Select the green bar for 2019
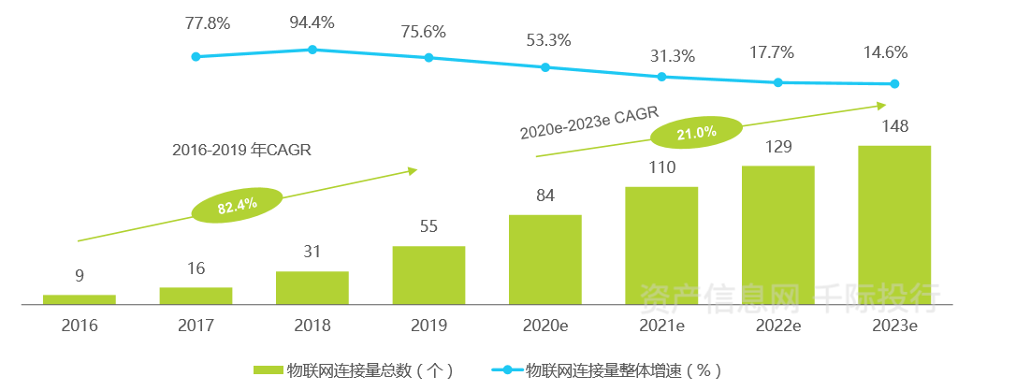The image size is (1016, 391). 428,275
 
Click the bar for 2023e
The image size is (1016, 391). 894,224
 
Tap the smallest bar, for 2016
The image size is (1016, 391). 80,299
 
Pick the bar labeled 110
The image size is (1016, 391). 661,245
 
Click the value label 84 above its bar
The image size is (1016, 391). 545,195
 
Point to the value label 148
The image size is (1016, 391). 895,126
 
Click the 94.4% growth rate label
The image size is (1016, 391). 312,22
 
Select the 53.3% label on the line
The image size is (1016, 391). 546,39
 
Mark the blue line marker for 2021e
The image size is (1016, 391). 661,77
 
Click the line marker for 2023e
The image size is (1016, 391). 894,84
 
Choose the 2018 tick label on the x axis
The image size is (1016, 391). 312,326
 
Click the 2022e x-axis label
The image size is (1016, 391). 778,326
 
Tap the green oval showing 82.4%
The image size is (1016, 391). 237,207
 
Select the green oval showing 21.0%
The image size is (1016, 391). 697,133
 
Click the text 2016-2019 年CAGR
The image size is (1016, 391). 241,150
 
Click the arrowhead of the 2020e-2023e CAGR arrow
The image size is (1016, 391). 881,106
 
